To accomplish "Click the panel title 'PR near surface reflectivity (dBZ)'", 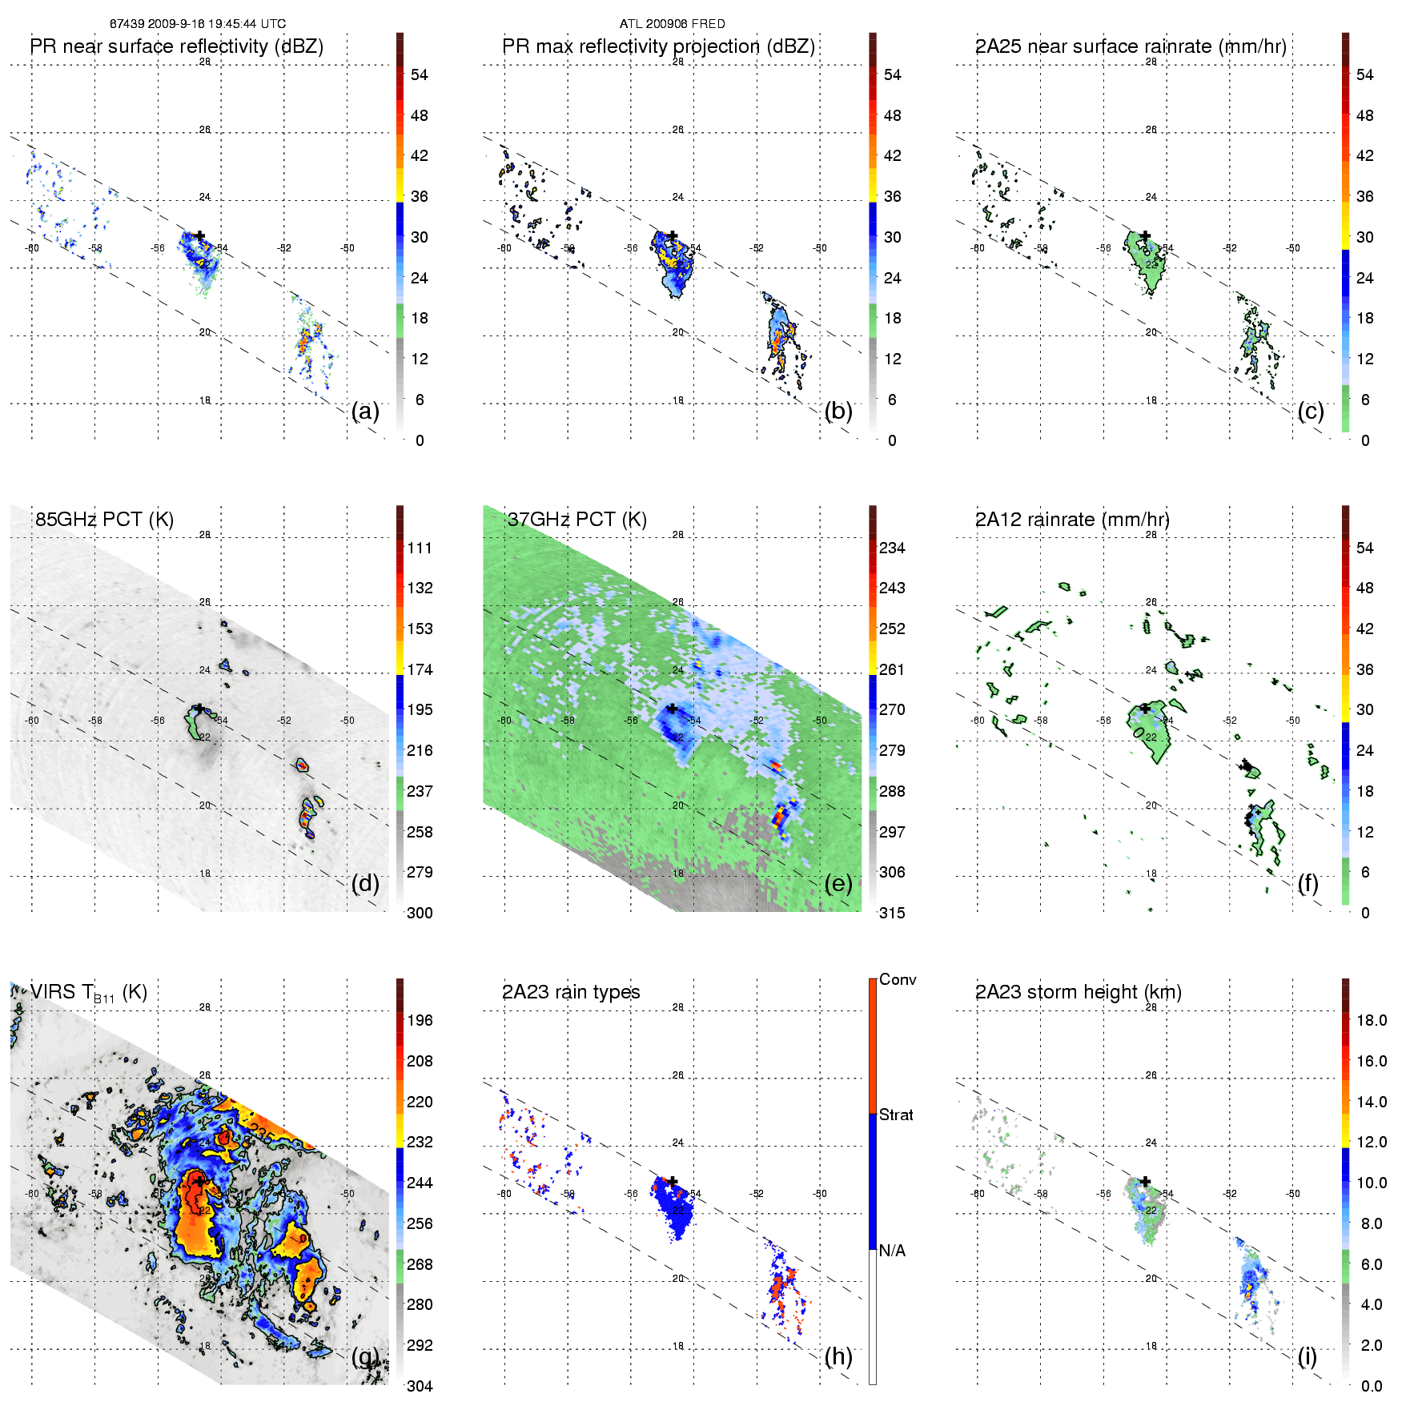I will tap(176, 46).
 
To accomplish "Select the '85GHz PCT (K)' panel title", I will tap(104, 520).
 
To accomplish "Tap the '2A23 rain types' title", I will tap(571, 992).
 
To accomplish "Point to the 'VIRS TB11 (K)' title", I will tap(88, 993).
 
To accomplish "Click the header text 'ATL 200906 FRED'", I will tap(672, 24).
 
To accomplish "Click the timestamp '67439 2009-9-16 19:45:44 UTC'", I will tap(198, 24).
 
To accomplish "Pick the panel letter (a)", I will tap(365, 411).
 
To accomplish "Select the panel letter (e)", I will tap(838, 883).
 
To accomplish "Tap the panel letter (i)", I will tap(1308, 1356).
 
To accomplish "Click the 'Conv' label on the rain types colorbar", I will tap(898, 980).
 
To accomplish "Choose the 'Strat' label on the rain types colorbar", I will tap(896, 1115).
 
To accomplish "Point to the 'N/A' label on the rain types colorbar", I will tap(892, 1251).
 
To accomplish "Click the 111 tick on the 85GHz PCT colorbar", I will tap(420, 548).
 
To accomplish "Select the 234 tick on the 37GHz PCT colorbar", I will tap(892, 548).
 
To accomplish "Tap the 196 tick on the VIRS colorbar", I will tap(420, 1021).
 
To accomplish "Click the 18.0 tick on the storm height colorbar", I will tap(1371, 1021).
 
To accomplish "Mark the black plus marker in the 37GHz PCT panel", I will tap(673, 709).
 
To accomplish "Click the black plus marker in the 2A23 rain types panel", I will tap(673, 1181).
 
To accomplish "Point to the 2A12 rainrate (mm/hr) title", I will tap(1072, 520).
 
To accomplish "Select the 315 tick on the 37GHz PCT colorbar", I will tap(892, 914).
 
